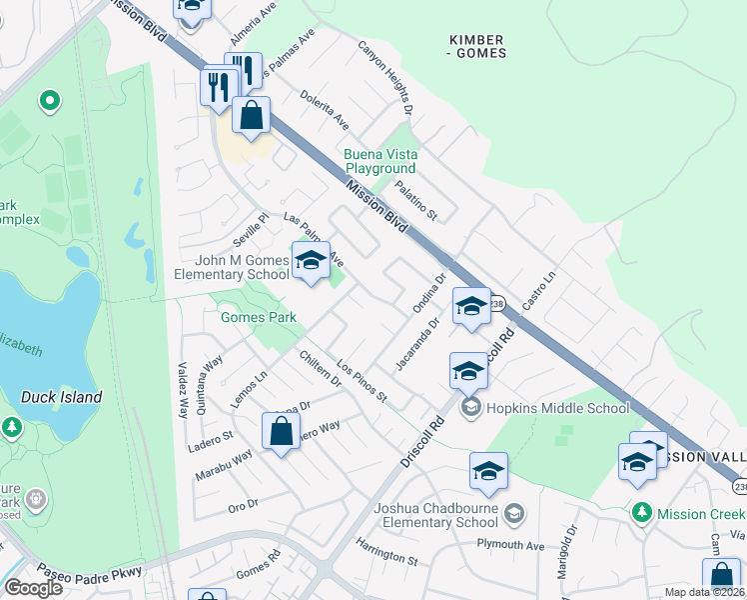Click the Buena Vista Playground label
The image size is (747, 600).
380,161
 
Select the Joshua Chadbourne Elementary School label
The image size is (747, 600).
435,515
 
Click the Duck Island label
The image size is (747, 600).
61,397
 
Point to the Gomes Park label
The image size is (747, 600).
259,317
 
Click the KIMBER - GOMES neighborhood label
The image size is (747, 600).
477,46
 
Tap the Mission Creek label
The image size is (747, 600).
699,513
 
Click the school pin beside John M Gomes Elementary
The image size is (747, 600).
311,262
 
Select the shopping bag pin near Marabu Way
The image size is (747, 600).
282,432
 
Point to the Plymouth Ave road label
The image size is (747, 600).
510,546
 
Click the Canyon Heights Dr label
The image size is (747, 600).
386,76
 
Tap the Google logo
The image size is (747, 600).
33,588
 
